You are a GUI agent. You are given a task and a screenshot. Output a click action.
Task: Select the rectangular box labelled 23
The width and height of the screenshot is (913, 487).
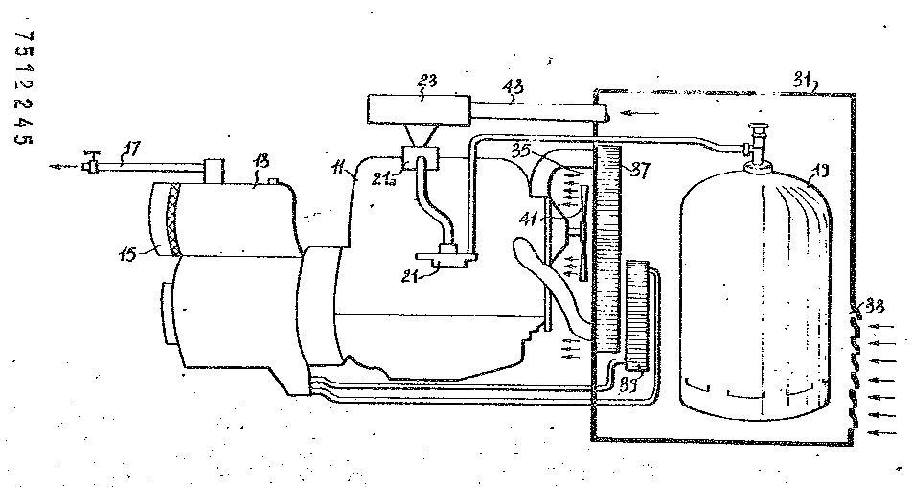pos(422,108)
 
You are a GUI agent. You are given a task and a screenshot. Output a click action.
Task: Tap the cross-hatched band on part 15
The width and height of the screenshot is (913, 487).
pos(173,219)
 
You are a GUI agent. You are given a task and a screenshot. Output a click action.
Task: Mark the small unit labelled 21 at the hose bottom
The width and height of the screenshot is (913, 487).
pos(445,258)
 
